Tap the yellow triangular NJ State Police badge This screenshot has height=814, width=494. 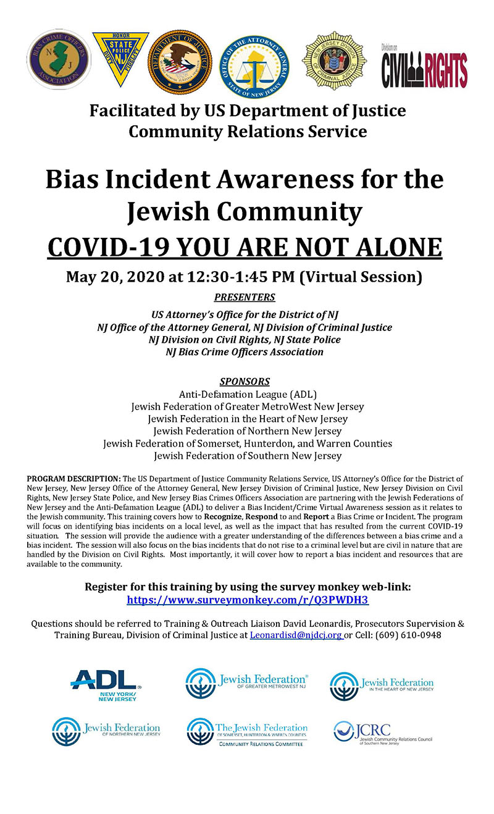click(120, 57)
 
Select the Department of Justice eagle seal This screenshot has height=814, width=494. click(179, 62)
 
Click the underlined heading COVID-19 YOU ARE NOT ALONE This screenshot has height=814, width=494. click(245, 246)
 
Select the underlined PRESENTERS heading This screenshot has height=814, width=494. click(245, 298)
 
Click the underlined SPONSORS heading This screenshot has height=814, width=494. click(245, 381)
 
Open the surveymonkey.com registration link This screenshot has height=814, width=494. click(248, 600)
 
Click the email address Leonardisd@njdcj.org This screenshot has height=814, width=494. click(296, 635)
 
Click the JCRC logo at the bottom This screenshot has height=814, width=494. click(383, 732)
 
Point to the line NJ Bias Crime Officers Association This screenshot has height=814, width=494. click(245, 352)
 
